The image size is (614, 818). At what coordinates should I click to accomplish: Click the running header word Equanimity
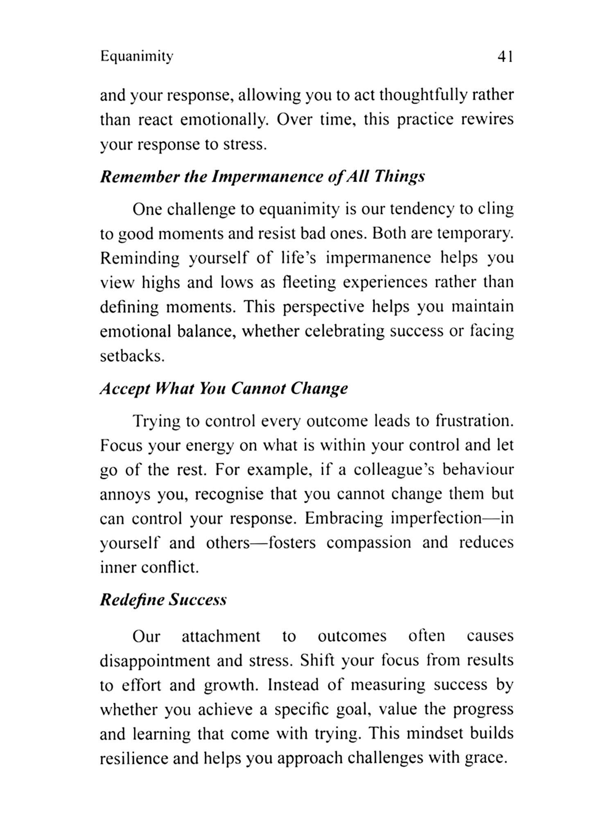[x=137, y=56]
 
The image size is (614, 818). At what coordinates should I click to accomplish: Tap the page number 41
[x=505, y=57]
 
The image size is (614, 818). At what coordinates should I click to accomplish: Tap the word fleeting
[x=309, y=282]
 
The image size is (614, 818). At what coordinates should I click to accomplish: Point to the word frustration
[x=474, y=421]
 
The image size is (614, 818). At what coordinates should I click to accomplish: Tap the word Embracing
[x=343, y=519]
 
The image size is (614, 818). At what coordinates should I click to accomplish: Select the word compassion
[x=369, y=543]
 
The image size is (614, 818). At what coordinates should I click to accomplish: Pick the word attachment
[x=221, y=636]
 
